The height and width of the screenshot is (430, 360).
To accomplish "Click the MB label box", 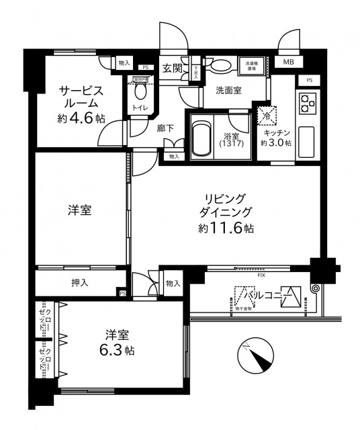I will (x=288, y=62).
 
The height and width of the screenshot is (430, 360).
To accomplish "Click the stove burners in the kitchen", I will (x=308, y=104).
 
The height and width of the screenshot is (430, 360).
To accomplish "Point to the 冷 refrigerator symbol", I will (x=267, y=116).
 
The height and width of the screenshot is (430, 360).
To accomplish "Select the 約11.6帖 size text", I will (x=226, y=228).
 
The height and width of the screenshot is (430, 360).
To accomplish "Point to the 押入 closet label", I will (x=79, y=284).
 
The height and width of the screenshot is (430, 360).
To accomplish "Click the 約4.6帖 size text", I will (x=81, y=118).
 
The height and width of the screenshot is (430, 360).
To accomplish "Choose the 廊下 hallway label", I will (x=166, y=127).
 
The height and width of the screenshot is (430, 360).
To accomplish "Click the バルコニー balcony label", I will (x=267, y=294).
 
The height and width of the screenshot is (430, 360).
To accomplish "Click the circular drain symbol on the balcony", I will (x=315, y=289).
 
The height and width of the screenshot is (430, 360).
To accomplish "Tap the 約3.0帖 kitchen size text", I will (x=276, y=143).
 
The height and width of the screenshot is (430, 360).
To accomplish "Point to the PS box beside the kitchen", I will (x=309, y=81).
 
